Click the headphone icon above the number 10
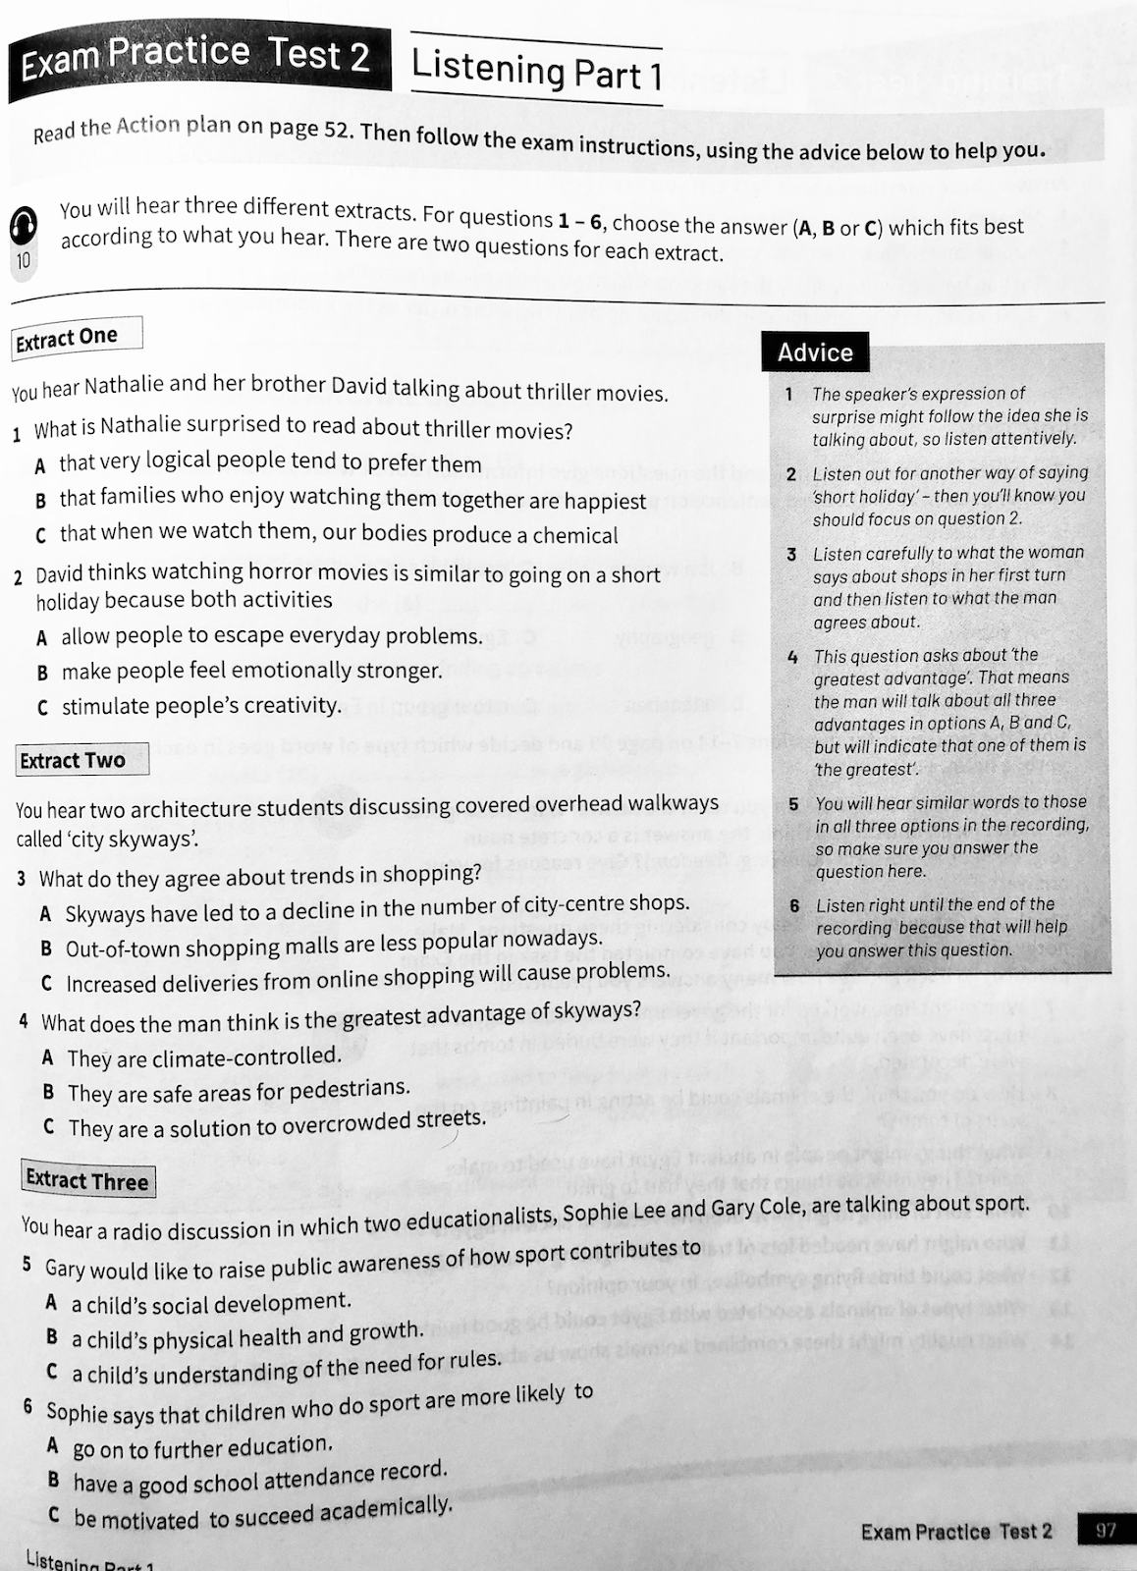tap(23, 226)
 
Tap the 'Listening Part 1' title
tap(536, 70)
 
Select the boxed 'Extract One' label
tap(68, 338)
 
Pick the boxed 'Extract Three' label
tap(87, 1180)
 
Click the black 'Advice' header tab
tap(815, 352)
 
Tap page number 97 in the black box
tap(1106, 1530)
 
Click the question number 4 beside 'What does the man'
tap(24, 1020)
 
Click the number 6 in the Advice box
tap(794, 905)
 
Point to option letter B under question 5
tap(52, 1336)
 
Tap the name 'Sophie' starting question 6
tap(77, 1414)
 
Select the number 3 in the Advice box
tap(791, 555)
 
